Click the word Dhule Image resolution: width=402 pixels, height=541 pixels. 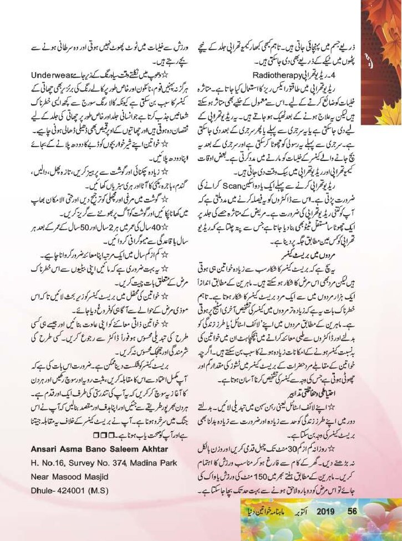coord(42,478)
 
